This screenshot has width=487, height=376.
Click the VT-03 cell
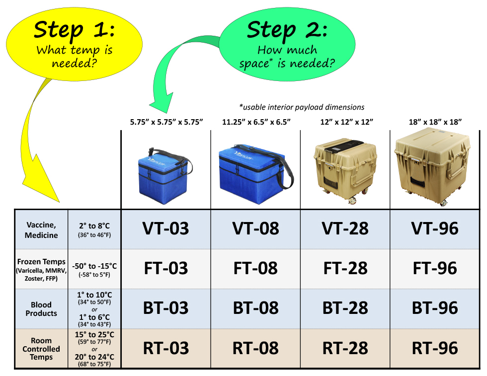(165, 228)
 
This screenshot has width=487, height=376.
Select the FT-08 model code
(255, 268)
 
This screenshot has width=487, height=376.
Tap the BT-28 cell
(345, 308)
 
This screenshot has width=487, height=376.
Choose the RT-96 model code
(434, 348)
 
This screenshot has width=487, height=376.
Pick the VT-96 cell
(434, 228)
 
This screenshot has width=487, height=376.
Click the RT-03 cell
(165, 348)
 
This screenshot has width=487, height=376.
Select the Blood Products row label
(41, 309)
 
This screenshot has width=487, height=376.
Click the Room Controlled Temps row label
(41, 349)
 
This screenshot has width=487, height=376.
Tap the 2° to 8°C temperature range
(94, 226)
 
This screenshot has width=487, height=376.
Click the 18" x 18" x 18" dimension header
(434, 122)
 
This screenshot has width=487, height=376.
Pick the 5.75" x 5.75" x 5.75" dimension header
(165, 122)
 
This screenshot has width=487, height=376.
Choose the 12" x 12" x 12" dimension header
(345, 122)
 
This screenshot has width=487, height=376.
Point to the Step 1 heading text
(74, 29)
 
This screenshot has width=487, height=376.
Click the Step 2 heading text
(287, 29)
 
